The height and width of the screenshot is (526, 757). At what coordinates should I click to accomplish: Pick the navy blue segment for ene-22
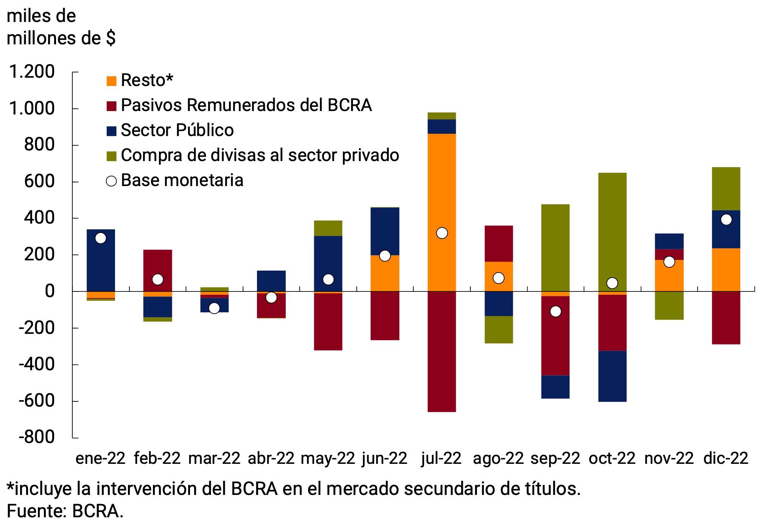tap(101, 265)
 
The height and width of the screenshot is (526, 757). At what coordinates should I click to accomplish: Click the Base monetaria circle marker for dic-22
tap(726, 219)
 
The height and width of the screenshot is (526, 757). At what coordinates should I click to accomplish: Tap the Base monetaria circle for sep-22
tap(555, 312)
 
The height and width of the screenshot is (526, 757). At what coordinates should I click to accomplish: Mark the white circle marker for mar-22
tap(214, 308)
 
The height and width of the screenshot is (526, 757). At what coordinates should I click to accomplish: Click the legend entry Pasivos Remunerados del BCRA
tap(246, 105)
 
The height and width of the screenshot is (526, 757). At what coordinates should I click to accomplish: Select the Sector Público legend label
tap(177, 130)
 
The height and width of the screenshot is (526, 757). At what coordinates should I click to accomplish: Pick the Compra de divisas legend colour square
tap(112, 156)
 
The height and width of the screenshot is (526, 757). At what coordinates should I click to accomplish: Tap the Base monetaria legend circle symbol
tap(111, 181)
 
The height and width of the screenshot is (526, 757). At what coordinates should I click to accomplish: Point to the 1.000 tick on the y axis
tap(32, 109)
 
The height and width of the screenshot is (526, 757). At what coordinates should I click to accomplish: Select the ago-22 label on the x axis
tap(498, 459)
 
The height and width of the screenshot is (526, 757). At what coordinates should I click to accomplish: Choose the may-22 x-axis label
tap(328, 459)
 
